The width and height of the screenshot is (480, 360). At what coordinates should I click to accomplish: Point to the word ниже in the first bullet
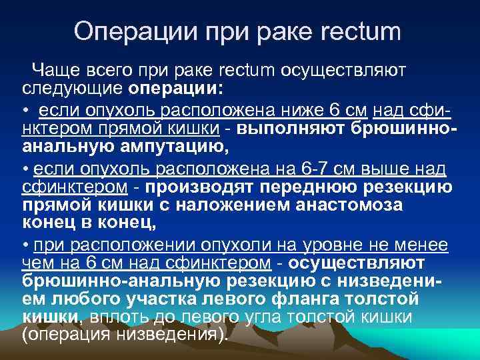[304, 109]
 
